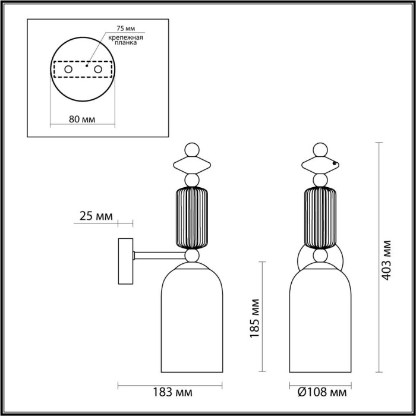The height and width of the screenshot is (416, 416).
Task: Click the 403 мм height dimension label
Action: click(387, 260)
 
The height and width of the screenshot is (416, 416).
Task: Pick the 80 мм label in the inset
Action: click(82, 119)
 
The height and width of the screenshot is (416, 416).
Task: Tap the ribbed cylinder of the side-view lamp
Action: click(191, 218)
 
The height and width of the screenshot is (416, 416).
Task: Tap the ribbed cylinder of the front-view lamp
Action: click(321, 218)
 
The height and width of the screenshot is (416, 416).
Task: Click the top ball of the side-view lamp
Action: click(191, 148)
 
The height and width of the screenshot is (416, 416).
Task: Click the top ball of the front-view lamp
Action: click(321, 148)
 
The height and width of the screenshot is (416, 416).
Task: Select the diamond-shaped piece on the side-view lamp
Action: click(191, 163)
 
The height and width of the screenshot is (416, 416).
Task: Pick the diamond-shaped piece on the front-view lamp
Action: click(321, 163)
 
